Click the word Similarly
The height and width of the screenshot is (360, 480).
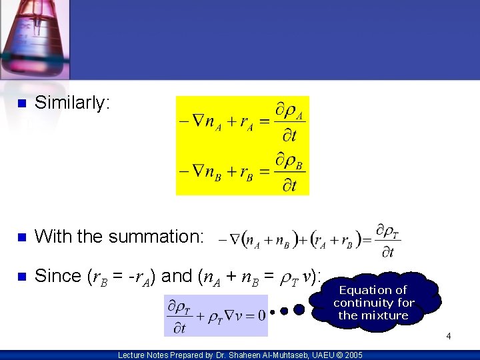click(x=72, y=103)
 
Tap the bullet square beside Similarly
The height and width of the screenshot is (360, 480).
click(x=21, y=104)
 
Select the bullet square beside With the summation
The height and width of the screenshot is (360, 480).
click(x=21, y=237)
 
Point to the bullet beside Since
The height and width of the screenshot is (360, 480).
click(x=21, y=276)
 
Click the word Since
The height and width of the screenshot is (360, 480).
click(x=58, y=275)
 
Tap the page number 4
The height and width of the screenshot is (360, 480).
click(x=449, y=336)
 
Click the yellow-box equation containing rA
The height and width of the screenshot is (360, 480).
click(x=241, y=121)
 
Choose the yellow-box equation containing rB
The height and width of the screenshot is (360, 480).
click(x=241, y=170)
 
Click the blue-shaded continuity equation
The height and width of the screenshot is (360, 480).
click(x=216, y=315)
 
